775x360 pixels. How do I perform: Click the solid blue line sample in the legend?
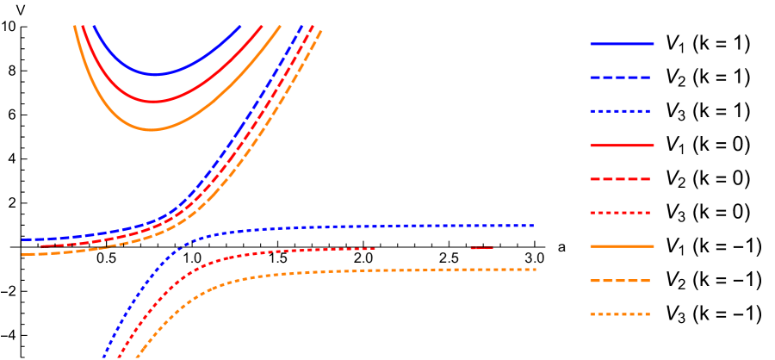(622, 44)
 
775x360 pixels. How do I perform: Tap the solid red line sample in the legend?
(622, 146)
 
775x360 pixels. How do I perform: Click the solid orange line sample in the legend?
(622, 246)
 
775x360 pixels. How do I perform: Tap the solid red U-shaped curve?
(207, 86)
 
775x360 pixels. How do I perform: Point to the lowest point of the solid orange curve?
(152, 129)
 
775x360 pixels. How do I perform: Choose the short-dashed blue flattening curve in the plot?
(344, 227)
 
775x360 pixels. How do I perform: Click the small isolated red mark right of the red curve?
(481, 248)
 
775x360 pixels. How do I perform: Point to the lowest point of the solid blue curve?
(155, 75)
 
